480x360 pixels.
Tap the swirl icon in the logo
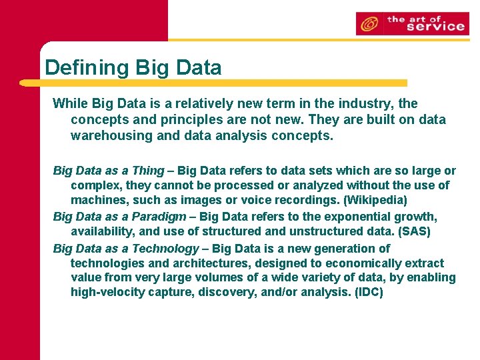pos(367,25)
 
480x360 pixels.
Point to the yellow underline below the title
pos(213,83)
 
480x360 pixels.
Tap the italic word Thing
pos(148,171)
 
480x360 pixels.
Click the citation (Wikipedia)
pos(375,199)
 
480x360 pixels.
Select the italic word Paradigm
pos(159,216)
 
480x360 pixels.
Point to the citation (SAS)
pos(415,231)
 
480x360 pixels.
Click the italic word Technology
pos(165,248)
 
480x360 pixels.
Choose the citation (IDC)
pos(370,292)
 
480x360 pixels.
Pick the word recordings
pos(308,199)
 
